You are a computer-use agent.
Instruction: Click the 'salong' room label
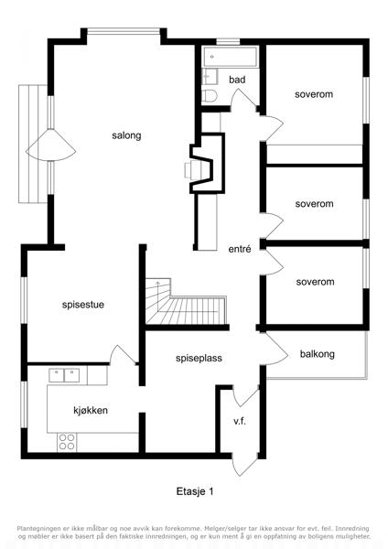[126, 135]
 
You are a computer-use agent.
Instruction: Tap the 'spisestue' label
[83, 305]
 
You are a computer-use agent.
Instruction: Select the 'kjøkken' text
[91, 410]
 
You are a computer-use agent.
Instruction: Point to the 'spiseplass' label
[199, 358]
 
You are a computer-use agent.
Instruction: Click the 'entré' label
[240, 249]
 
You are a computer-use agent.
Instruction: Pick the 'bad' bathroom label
[237, 80]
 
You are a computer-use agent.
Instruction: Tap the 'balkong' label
[318, 354]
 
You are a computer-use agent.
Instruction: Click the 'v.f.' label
[240, 421]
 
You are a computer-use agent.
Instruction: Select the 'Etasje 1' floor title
[195, 491]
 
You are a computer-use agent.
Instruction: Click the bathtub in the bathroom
[232, 57]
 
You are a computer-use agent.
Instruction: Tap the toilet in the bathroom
[210, 95]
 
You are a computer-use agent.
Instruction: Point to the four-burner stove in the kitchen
[67, 442]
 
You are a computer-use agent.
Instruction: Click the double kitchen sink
[64, 375]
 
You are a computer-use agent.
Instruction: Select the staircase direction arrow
[158, 296]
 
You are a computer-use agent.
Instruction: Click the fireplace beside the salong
[202, 163]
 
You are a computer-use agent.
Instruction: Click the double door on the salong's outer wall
[51, 145]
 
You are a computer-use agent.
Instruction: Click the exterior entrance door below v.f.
[244, 467]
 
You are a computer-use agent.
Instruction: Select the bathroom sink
[210, 76]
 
